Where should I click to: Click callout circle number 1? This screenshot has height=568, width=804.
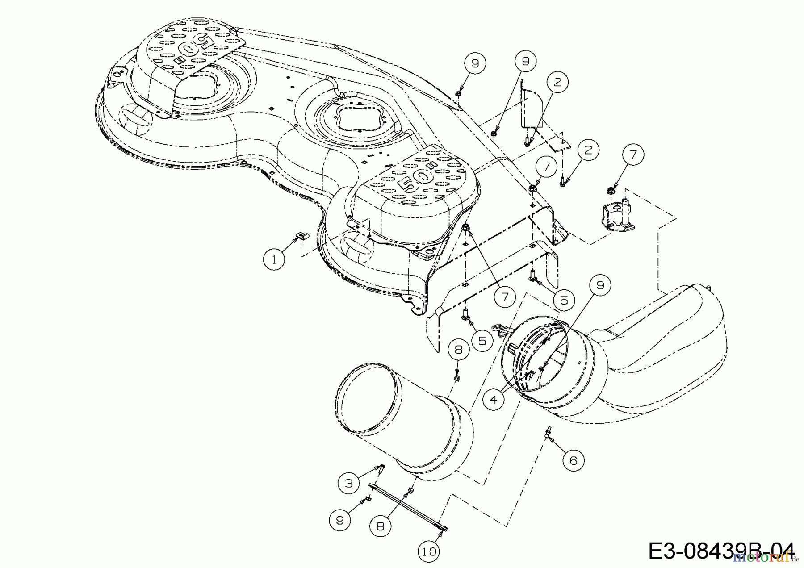274,258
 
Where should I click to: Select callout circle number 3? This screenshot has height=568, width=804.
349,483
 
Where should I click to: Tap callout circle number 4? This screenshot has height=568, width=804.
493,399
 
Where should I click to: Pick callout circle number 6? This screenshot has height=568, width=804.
574,460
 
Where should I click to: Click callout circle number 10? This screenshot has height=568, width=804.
429,551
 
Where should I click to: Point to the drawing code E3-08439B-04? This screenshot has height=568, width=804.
721,551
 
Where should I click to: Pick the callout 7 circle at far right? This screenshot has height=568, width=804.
632,155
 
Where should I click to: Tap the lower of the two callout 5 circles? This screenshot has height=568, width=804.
482,341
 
